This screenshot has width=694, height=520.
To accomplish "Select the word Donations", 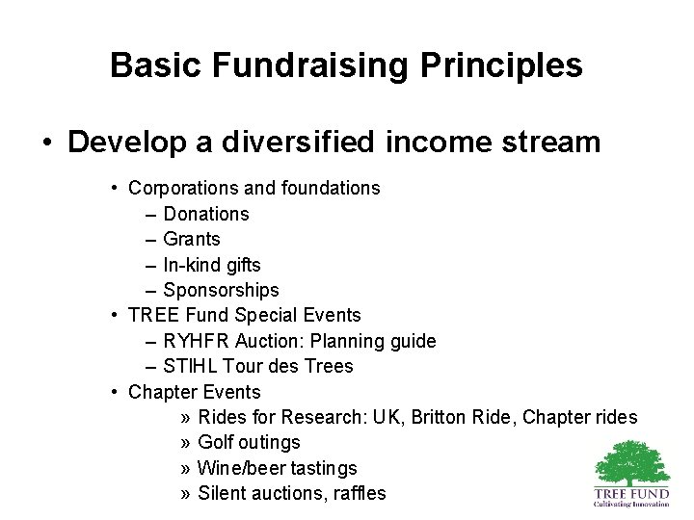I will click(206, 214).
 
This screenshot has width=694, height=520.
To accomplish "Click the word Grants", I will click(192, 239).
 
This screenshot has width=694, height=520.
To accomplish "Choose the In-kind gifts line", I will click(212, 264).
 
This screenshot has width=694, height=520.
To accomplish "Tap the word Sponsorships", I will click(221, 290).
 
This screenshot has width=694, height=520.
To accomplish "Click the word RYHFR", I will click(196, 341).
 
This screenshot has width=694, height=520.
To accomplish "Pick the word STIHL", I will click(189, 366).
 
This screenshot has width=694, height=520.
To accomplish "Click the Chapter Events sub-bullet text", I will click(195, 392).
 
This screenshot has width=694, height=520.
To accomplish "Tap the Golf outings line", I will click(249, 442).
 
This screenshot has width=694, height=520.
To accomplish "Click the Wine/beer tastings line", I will click(277, 468).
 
